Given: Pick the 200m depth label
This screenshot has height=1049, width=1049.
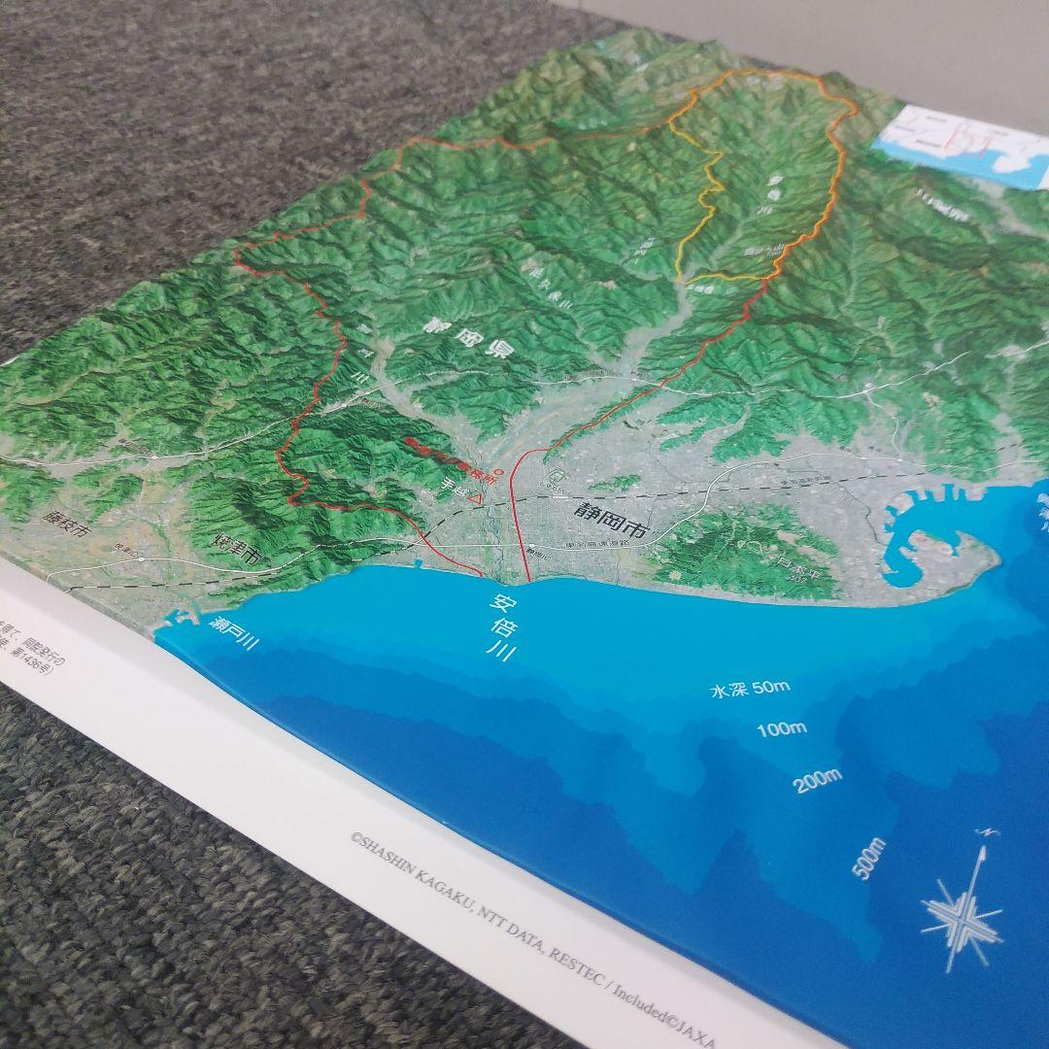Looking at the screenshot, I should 818,779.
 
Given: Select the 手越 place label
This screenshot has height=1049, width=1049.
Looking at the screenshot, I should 454,491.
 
